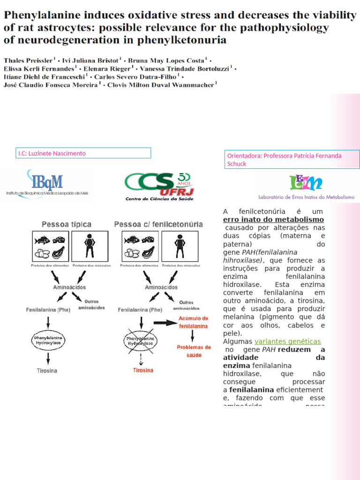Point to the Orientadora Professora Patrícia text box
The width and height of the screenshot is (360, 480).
[x=293, y=159]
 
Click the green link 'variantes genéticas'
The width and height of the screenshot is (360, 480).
[x=287, y=341]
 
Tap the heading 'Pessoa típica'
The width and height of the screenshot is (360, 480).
[x=67, y=225]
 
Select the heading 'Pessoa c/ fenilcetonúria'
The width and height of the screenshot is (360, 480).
[x=158, y=225]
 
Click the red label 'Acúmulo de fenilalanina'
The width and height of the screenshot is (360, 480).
[x=191, y=322]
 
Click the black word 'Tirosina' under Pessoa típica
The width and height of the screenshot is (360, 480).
[x=47, y=371]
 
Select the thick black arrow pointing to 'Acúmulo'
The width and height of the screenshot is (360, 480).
[x=165, y=322]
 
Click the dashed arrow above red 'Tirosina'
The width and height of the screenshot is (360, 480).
[x=141, y=359]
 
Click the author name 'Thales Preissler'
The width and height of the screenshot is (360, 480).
[x=28, y=60]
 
